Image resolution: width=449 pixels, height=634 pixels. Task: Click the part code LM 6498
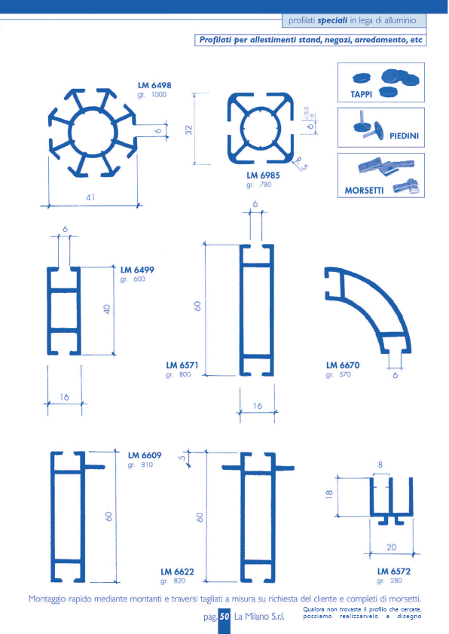pos(154,85)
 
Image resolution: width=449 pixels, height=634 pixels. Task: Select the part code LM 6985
pos(263,175)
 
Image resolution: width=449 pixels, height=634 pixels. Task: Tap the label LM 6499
pos(137,270)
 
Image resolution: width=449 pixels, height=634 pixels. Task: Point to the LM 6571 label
pos(182,365)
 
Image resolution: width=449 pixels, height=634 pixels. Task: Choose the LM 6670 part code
pos(343,365)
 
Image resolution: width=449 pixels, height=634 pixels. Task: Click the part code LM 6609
pos(145,456)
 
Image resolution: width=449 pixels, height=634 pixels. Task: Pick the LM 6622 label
pos(177,572)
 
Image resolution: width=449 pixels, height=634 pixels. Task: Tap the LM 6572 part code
pos(393,572)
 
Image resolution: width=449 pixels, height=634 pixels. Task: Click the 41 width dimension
pos(90,197)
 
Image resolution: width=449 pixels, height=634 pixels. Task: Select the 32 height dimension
pos(189,130)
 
